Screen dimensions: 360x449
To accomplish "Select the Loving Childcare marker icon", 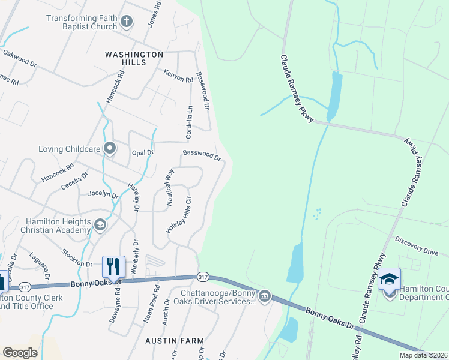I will pos(109,148).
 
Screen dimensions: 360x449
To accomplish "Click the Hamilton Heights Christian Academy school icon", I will pos(100,225).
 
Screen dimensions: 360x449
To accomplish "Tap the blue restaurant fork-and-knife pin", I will pos(113,265).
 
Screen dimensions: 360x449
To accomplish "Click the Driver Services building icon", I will pos(264,296).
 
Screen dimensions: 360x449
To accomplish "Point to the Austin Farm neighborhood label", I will pos(175,340).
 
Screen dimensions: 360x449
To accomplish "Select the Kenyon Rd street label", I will pos(178,76).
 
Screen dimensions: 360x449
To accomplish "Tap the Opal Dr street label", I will pos(143,152).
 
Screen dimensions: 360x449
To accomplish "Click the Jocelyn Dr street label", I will pos(103,194).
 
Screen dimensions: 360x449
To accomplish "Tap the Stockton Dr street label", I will pos(77,259).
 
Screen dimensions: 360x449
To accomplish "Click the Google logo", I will pos(20,352).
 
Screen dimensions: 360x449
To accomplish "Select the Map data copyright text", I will pos(423,355).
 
